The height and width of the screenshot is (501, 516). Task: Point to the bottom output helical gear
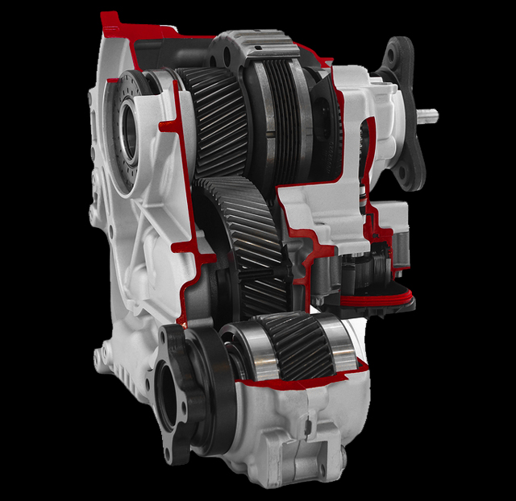point(294,346)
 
